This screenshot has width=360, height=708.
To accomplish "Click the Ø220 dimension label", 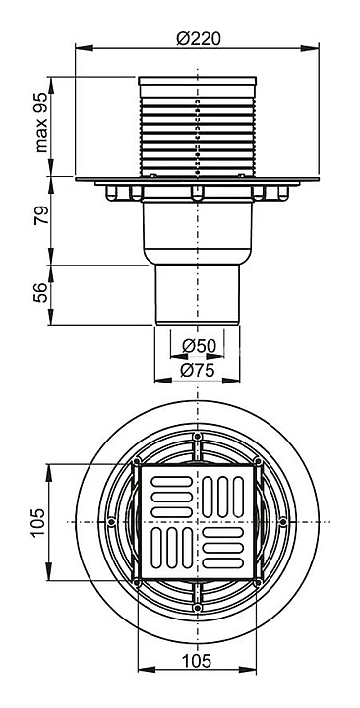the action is (199, 39).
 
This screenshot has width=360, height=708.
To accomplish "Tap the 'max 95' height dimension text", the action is (41, 123).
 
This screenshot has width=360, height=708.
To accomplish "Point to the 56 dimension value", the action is (41, 292).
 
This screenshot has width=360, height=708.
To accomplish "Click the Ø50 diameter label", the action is (200, 346).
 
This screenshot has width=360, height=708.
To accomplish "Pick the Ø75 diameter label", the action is (198, 371).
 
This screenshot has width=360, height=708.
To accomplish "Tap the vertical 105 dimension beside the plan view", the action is (38, 522).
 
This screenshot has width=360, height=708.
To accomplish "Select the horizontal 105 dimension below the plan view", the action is (197, 661).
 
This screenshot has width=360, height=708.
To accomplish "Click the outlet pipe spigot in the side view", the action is (198, 294).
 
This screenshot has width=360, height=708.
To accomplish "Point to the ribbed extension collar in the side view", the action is (198, 127).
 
